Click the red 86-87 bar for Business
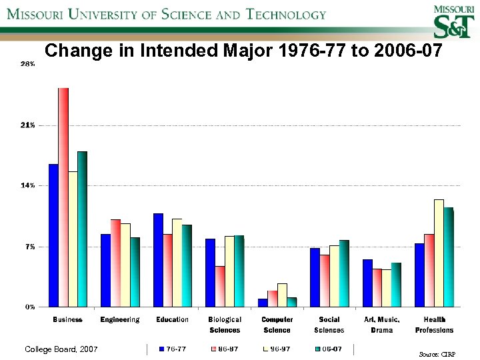[63, 197]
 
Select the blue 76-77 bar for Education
[158, 260]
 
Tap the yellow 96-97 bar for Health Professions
[439, 253]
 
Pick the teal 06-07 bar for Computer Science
[292, 302]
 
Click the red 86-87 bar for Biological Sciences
[220, 287]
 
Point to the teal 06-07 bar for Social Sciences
[344, 273]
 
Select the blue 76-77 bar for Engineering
[105, 270]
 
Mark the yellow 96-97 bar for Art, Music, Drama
[387, 288]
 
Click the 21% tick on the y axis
[28, 125]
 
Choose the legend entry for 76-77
[171, 349]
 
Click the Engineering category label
[120, 320]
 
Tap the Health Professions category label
[434, 325]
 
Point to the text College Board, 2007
[61, 349]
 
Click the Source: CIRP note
[438, 355]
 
